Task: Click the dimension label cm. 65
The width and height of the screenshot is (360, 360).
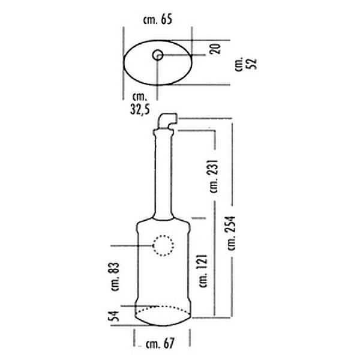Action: tap(157, 20)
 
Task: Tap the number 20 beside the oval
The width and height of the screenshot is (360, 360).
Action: tap(215, 49)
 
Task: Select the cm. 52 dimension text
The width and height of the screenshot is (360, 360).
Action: tap(245, 64)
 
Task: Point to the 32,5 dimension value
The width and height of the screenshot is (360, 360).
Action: tap(140, 109)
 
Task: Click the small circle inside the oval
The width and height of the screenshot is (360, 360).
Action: tap(158, 55)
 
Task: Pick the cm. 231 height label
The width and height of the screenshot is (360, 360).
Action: tap(213, 176)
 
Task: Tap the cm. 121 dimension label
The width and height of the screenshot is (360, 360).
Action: tap(203, 271)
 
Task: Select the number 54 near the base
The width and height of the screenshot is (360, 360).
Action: tap(115, 316)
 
